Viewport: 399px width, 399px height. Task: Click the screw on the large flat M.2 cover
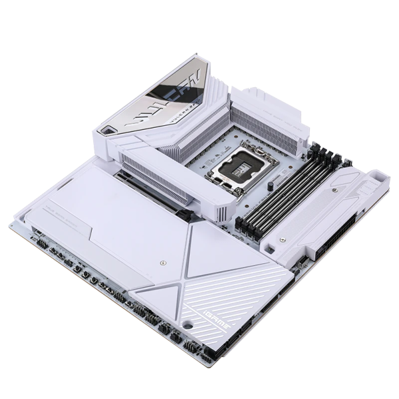click(162, 263)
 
